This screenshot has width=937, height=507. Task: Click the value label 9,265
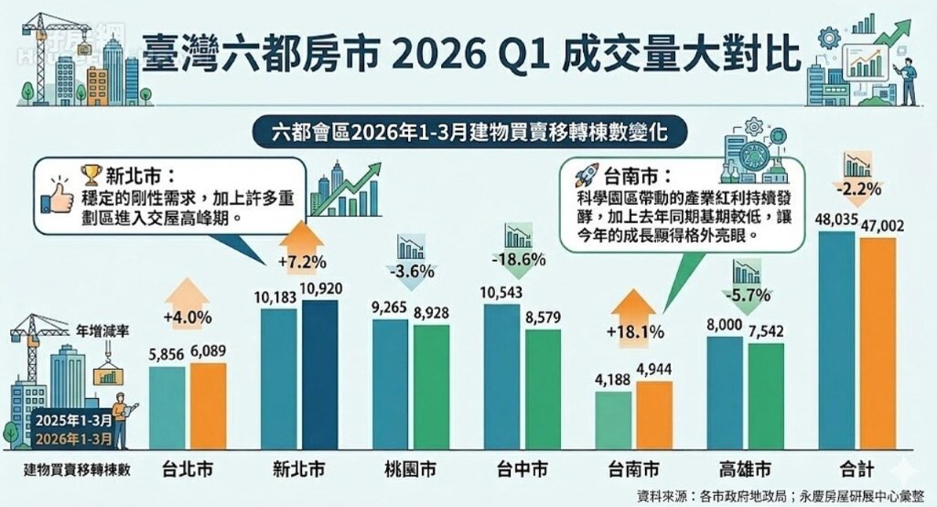coord(390,308)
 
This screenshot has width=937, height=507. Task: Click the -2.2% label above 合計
coord(857,190)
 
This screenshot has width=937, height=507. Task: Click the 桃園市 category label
coord(410,470)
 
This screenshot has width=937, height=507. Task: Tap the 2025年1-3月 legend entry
coord(76,420)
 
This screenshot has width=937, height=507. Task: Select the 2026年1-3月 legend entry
coord(76,437)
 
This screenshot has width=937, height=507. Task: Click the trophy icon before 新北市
coord(91,174)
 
